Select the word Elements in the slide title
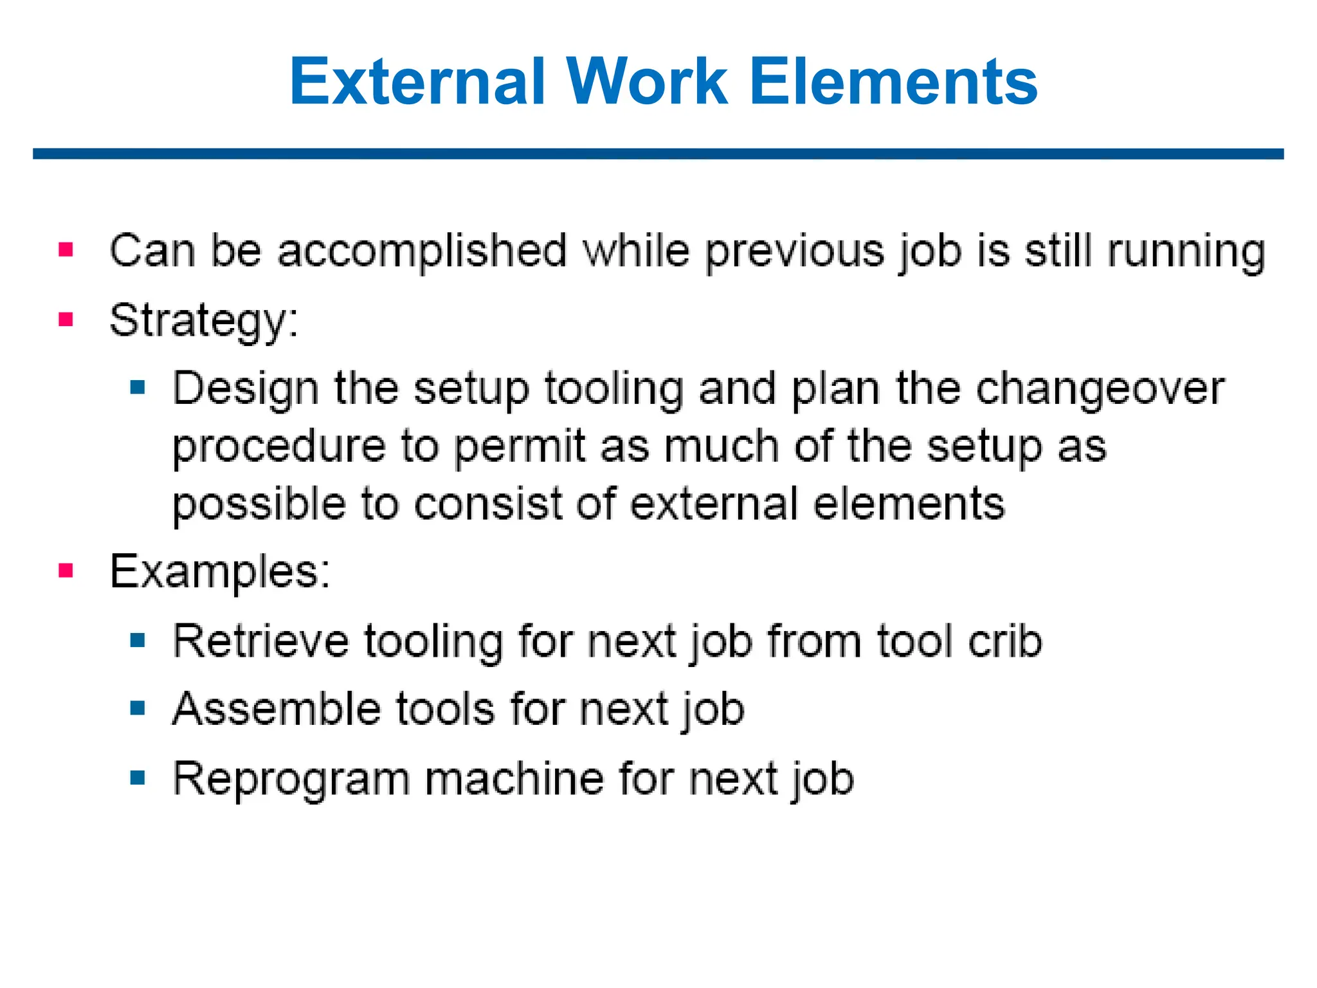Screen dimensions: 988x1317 (893, 82)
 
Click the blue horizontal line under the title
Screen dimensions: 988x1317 (658, 154)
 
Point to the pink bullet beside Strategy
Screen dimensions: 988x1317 (66, 319)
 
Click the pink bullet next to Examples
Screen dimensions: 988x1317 (66, 571)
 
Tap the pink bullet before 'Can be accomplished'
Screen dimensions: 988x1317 (66, 250)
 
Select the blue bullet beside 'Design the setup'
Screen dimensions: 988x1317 (137, 387)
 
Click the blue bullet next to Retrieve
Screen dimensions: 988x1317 (137, 640)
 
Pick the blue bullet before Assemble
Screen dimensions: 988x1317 (137, 709)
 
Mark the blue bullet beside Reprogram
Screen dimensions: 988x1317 (137, 778)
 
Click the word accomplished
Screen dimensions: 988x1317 (422, 251)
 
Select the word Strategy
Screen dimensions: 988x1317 (204, 321)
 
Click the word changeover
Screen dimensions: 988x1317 (1100, 390)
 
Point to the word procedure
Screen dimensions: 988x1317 (278, 447)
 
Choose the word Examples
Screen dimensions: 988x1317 (220, 572)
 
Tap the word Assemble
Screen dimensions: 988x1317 (277, 709)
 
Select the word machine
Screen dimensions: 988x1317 (514, 779)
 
